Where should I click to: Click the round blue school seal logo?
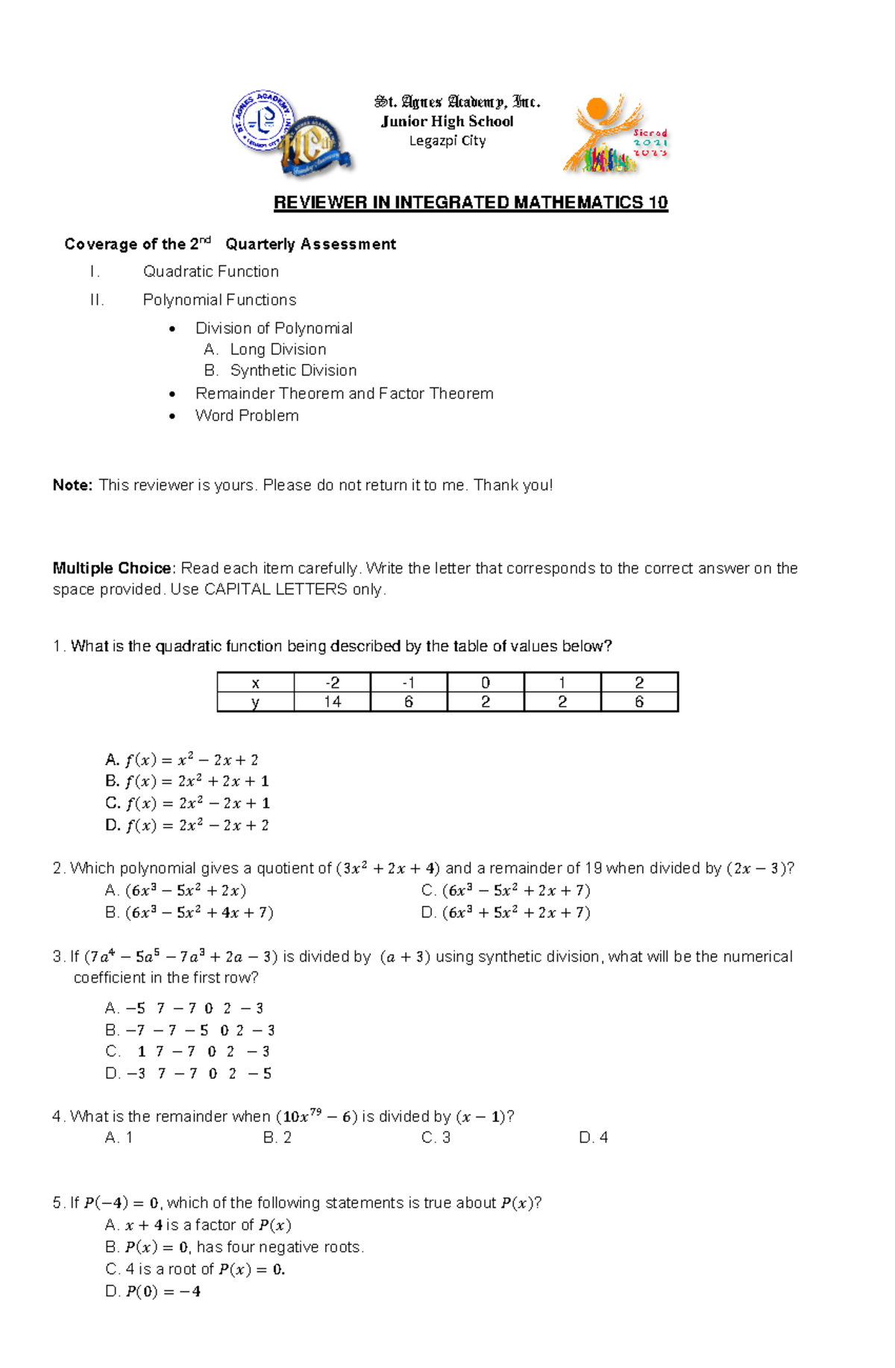(263, 121)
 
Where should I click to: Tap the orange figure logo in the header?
(606, 134)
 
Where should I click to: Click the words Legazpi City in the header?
(447, 141)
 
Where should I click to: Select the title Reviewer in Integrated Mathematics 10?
(471, 203)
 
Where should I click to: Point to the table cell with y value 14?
(332, 702)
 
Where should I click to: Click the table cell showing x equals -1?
(409, 683)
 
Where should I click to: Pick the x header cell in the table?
(255, 683)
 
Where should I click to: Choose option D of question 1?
(187, 825)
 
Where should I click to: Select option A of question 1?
(182, 760)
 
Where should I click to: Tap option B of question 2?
(189, 912)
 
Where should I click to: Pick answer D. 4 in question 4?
(593, 1138)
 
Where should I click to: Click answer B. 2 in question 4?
(277, 1138)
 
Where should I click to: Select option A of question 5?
(198, 1225)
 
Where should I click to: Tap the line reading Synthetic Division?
(293, 371)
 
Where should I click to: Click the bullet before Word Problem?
(172, 416)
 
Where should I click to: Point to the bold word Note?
(72, 485)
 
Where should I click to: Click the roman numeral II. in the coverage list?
(97, 300)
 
